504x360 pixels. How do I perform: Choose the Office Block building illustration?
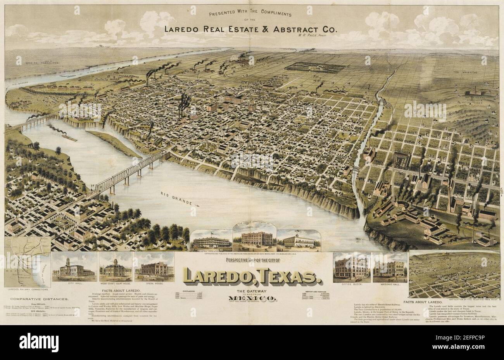[351, 268]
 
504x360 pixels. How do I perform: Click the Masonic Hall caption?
[390, 285]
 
